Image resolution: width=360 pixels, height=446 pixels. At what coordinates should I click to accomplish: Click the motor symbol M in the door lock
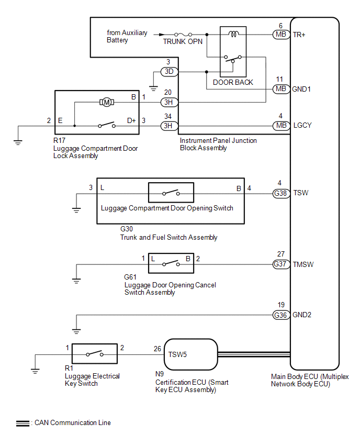pyautogui.click(x=107, y=102)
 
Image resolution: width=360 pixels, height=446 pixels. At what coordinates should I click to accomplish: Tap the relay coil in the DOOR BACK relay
pyautogui.click(x=233, y=35)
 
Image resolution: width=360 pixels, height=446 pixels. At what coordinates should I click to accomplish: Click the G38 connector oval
pyautogui.click(x=280, y=193)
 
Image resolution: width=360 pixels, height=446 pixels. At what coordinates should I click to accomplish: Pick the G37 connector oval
pyautogui.click(x=280, y=264)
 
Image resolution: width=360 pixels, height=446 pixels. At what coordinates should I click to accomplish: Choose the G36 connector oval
pyautogui.click(x=280, y=315)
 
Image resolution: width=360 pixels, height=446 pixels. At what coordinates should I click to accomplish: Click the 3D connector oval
pyautogui.click(x=168, y=71)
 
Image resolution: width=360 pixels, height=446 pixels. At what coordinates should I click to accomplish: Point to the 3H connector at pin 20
pyautogui.click(x=168, y=102)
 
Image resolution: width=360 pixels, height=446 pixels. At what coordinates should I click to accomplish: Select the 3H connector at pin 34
pyautogui.click(x=168, y=126)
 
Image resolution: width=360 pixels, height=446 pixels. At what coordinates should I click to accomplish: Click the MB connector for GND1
pyautogui.click(x=280, y=89)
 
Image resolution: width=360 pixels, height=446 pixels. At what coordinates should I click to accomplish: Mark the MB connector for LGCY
pyautogui.click(x=280, y=126)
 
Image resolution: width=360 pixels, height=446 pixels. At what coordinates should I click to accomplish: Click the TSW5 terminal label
pyautogui.click(x=177, y=354)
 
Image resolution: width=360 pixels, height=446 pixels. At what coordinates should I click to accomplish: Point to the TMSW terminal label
pyautogui.click(x=303, y=264)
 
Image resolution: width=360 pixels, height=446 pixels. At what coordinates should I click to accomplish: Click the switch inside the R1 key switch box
pyautogui.click(x=94, y=354)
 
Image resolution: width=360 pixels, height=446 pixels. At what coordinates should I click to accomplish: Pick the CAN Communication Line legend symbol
pyautogui.click(x=22, y=423)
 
